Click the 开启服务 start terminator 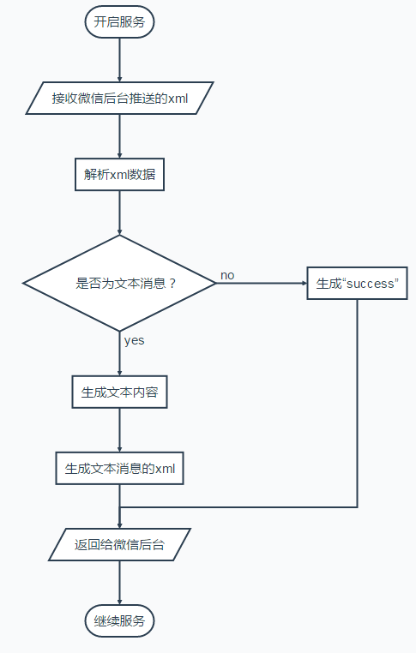click(119, 22)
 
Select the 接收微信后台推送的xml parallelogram click(119, 98)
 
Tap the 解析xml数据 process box click(119, 174)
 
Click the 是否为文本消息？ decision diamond click(119, 283)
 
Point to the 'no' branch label click(227, 275)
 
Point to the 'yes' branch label click(134, 340)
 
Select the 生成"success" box click(357, 283)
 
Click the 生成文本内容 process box click(119, 392)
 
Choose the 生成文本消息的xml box click(119, 469)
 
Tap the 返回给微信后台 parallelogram click(119, 544)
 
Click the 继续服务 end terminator click(119, 620)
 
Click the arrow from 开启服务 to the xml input click(119, 59)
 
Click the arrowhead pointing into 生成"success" click(302, 283)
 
